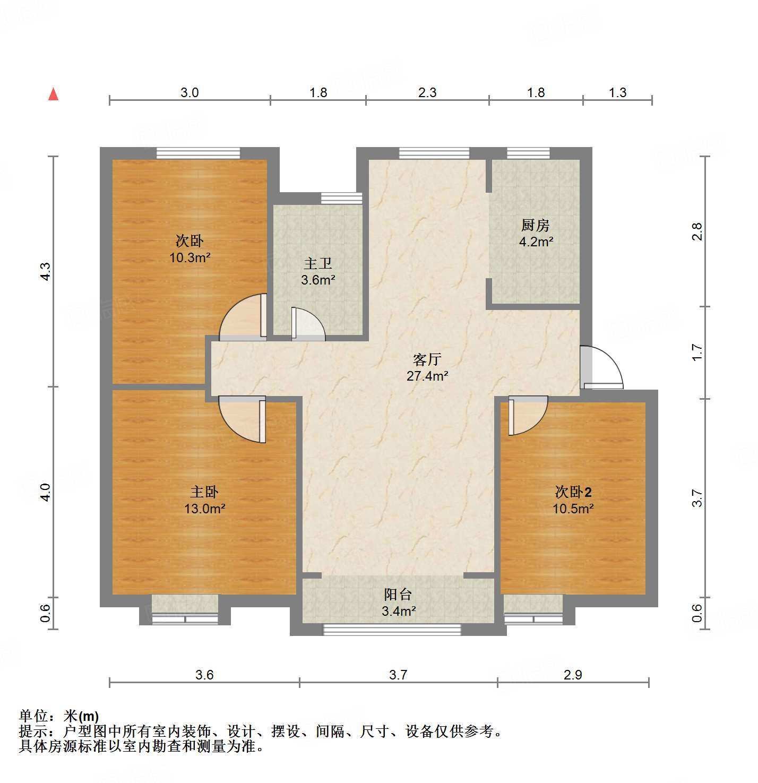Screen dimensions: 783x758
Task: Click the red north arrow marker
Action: (x=53, y=94)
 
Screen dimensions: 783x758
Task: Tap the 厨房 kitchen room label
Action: (x=535, y=226)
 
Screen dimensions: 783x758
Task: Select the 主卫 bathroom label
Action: (x=318, y=264)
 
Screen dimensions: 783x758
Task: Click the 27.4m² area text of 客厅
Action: (x=427, y=376)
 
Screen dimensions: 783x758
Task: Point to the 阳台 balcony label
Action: (x=398, y=595)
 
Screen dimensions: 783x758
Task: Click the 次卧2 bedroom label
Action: (x=573, y=492)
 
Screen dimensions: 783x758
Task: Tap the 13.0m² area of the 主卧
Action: (x=204, y=509)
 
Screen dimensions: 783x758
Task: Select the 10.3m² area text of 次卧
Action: (x=189, y=258)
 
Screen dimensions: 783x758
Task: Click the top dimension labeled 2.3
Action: (x=427, y=93)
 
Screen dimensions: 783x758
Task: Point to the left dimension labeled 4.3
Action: (x=46, y=271)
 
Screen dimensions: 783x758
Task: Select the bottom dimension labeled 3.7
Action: (x=398, y=675)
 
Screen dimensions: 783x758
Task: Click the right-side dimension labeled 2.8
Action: (x=697, y=231)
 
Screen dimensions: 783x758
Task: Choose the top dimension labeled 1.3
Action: (x=617, y=93)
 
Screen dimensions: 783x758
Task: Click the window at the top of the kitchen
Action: (x=528, y=153)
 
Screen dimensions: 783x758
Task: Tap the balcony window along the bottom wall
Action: (x=392, y=630)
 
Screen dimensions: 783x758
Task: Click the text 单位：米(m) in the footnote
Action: (x=59, y=716)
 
